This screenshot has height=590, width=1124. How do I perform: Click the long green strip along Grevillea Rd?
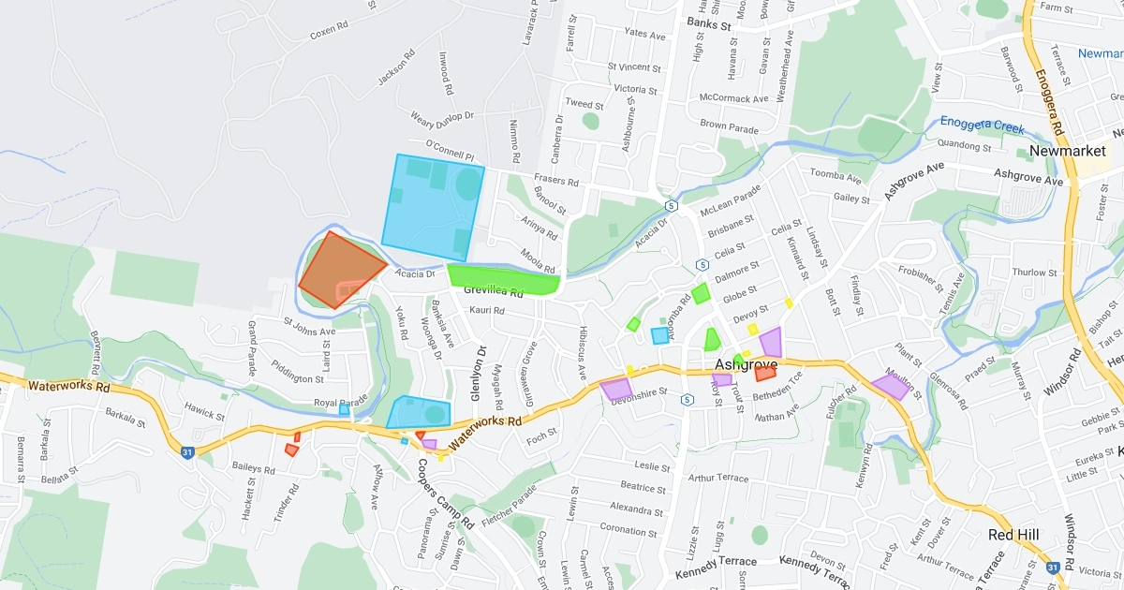(503, 278)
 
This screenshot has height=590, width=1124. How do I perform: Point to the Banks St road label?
(708, 22)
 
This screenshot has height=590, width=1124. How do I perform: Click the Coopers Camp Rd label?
(445, 494)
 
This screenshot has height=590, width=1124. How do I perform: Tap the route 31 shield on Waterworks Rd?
(188, 452)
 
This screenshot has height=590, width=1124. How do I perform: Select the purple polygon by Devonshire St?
(616, 388)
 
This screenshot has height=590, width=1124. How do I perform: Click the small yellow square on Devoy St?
(752, 329)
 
